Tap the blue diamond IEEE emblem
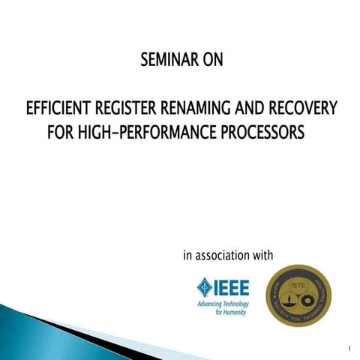coord(204,286)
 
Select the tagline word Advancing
coord(210,304)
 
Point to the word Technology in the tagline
coord(236,304)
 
